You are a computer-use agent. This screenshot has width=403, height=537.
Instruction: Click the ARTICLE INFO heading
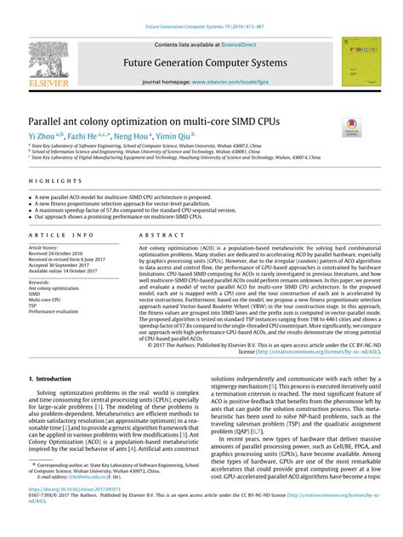coord(61,234)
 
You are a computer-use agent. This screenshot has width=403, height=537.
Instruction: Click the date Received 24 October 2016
coord(60,254)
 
